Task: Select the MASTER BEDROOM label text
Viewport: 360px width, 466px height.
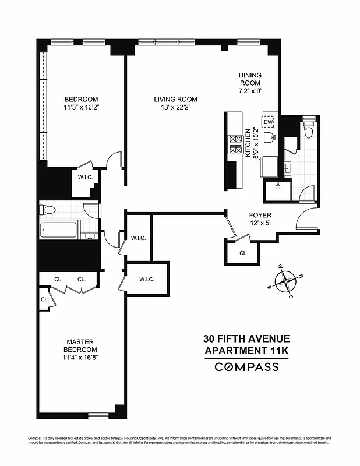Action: pyautogui.click(x=80, y=345)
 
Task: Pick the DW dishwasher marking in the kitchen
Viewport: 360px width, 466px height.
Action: pyautogui.click(x=269, y=122)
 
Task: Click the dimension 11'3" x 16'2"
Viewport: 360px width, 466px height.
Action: pyautogui.click(x=81, y=107)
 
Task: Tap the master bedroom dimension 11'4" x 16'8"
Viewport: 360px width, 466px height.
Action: pyautogui.click(x=80, y=358)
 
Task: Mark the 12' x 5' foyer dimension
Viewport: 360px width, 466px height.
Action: pyautogui.click(x=260, y=223)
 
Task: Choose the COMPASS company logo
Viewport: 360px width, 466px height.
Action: pyautogui.click(x=247, y=367)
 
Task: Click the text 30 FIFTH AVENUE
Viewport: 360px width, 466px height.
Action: pyautogui.click(x=246, y=338)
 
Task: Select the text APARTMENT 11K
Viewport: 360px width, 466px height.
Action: pyautogui.click(x=246, y=350)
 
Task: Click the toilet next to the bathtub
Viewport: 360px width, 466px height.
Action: pyautogui.click(x=48, y=209)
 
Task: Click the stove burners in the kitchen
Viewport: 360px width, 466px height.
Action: pyautogui.click(x=237, y=144)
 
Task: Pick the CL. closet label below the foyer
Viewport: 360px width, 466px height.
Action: pyautogui.click(x=243, y=253)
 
